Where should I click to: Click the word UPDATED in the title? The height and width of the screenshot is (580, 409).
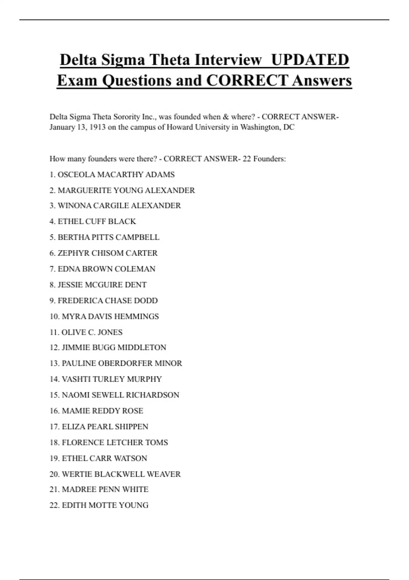[x=310, y=60]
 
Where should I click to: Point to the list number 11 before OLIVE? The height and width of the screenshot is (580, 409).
[x=54, y=332]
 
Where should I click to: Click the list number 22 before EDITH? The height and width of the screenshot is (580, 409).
[x=54, y=505]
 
